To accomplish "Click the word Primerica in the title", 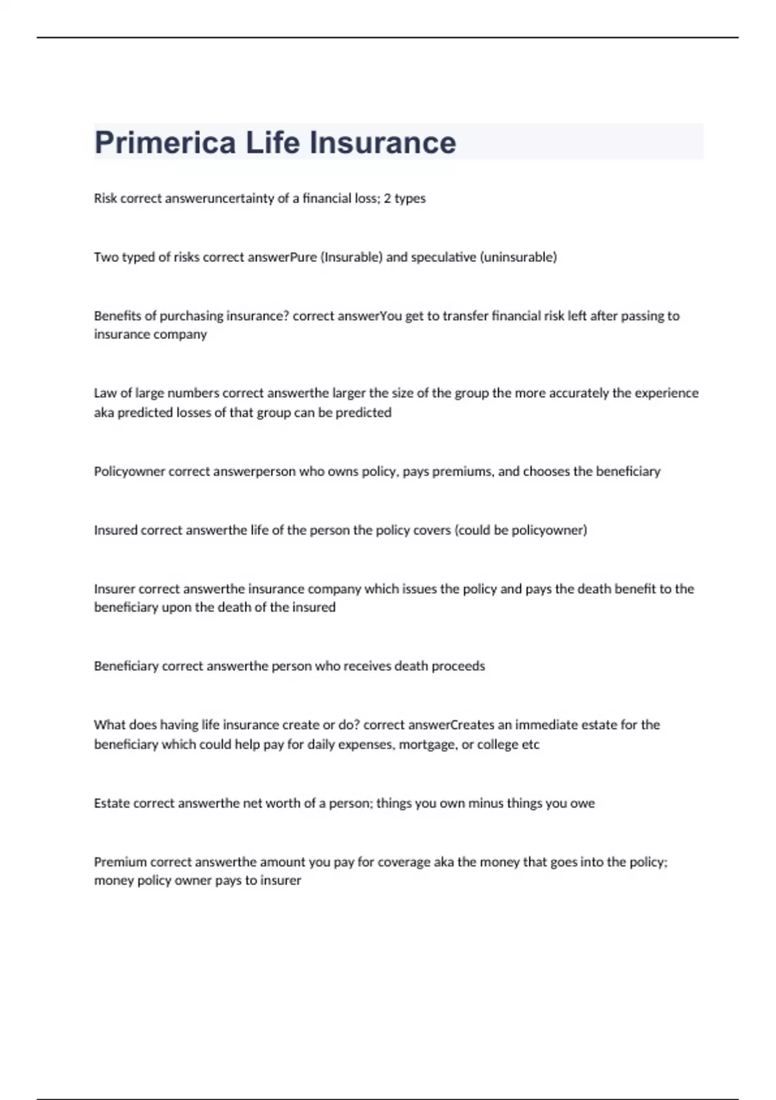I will coord(165,143).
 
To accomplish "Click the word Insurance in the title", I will coord(383,143).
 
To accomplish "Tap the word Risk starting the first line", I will coord(105,199).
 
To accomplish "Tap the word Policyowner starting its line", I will coord(129,472).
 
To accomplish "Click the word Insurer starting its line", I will coord(114,589).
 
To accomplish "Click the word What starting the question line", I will coord(109,725).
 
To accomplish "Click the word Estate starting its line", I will coord(111,804).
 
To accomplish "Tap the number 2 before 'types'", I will coord(387,199).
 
